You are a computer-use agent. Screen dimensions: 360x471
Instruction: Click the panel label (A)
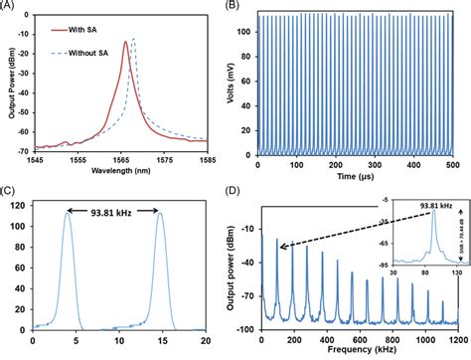point(12,8)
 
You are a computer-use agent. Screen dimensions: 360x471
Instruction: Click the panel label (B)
point(240,8)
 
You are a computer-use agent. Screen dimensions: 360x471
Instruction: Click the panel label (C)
point(12,187)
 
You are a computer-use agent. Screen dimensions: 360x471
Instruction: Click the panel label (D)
point(240,187)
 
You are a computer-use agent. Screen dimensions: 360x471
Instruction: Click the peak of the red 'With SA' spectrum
point(124,42)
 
